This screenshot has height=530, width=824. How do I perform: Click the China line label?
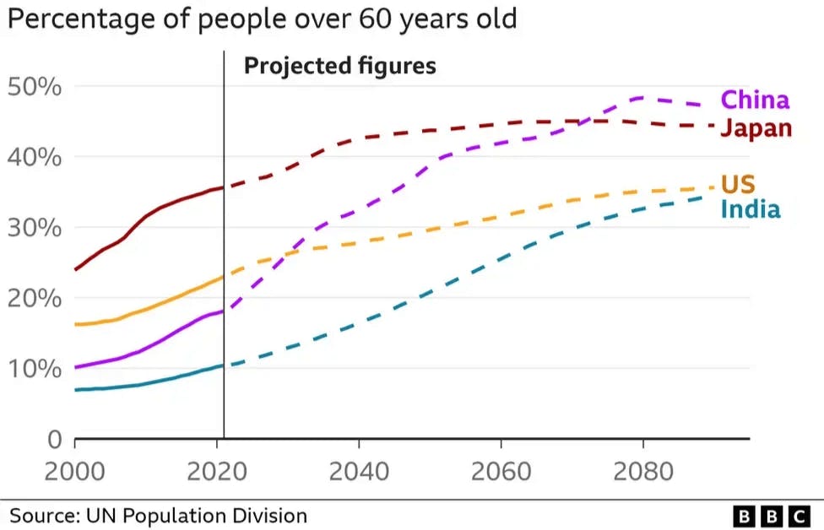coord(755,100)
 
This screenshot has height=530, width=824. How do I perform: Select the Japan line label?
coord(756,128)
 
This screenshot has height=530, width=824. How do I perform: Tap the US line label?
coord(737,184)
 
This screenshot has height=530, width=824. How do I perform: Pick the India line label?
coord(750,209)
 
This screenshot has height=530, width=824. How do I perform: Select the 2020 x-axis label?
coord(218,469)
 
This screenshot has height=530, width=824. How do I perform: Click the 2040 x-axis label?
coord(360,469)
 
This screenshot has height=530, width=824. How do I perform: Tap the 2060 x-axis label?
coord(501,469)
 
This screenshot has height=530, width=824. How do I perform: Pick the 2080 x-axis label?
coord(643,469)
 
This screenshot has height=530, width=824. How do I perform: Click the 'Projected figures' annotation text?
coord(339,66)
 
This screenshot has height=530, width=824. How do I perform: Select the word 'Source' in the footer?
coord(38,515)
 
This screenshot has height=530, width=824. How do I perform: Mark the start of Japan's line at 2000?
coord(76,269)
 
